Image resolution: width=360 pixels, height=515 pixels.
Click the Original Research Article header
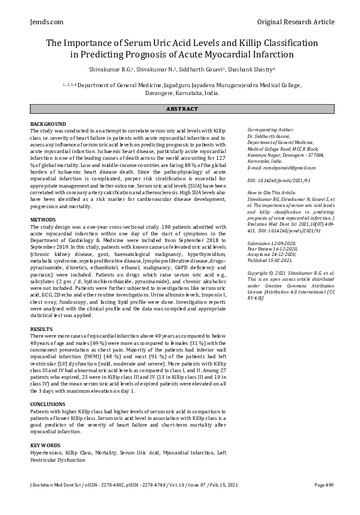pos(295,22)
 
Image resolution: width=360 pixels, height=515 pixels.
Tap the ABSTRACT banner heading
pos(180,109)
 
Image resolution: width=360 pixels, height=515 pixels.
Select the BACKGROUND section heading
pos(48,124)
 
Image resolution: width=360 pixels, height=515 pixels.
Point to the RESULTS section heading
pos(41,329)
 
